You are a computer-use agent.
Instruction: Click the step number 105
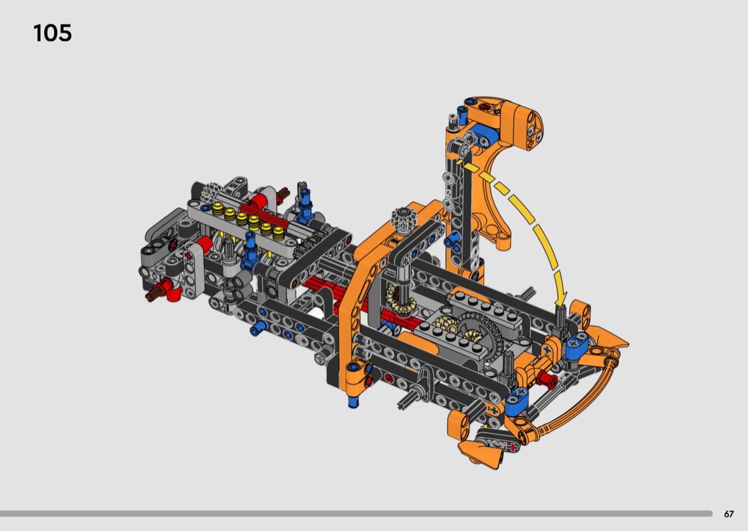[x=53, y=33]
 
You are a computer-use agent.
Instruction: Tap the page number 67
[x=729, y=514]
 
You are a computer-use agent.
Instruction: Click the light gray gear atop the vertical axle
[x=404, y=219]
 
